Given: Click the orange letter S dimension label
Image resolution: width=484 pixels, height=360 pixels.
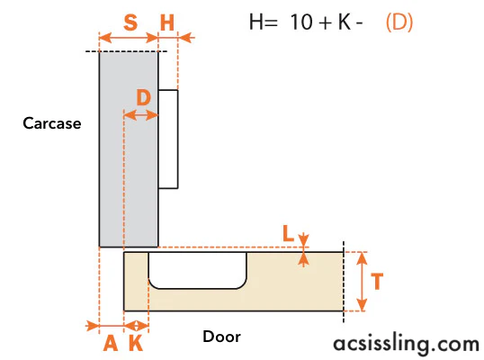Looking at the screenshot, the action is pyautogui.click(x=130, y=22).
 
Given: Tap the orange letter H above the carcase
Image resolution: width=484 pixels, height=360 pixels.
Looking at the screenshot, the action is pyautogui.click(x=167, y=22).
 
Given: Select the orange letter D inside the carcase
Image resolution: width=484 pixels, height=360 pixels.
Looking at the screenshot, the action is pyautogui.click(x=144, y=98).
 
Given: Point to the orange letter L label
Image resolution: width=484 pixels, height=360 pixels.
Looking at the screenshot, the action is pyautogui.click(x=288, y=233).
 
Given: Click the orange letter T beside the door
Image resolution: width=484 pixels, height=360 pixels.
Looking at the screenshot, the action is pyautogui.click(x=377, y=282).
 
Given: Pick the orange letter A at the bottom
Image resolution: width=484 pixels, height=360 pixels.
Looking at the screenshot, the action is pyautogui.click(x=111, y=343).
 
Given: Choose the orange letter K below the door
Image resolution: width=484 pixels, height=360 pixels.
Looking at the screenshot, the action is pyautogui.click(x=136, y=343).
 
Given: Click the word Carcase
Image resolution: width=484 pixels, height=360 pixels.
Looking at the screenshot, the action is pyautogui.click(x=52, y=123).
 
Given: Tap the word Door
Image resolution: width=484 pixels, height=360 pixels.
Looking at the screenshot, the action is pyautogui.click(x=221, y=337).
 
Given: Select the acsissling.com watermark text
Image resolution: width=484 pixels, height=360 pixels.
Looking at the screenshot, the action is pyautogui.click(x=407, y=344).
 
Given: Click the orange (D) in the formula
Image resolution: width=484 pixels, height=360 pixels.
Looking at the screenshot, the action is pyautogui.click(x=399, y=22).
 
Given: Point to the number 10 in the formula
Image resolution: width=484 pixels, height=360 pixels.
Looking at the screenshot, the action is pyautogui.click(x=301, y=22).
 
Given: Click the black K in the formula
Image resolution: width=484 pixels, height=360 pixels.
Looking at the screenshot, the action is pyautogui.click(x=345, y=22).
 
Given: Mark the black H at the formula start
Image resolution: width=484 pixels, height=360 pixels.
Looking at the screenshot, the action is pyautogui.click(x=255, y=22).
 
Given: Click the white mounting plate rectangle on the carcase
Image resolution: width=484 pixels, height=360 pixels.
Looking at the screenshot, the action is pyautogui.click(x=168, y=139).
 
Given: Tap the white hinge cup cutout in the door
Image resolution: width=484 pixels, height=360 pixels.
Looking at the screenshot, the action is pyautogui.click(x=198, y=271).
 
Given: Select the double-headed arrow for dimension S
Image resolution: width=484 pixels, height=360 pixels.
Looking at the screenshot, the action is pyautogui.click(x=129, y=38).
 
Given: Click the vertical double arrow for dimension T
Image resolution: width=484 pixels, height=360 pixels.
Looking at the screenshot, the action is pyautogui.click(x=362, y=282).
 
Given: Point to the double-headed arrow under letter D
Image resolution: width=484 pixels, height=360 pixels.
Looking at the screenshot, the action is pyautogui.click(x=140, y=115).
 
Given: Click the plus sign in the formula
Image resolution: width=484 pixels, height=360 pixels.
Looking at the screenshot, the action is pyautogui.click(x=326, y=23).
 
